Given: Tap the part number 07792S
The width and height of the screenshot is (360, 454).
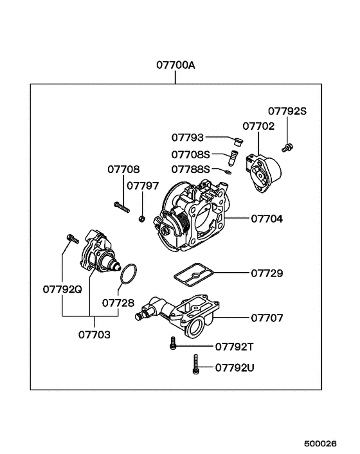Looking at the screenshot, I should [x=287, y=111].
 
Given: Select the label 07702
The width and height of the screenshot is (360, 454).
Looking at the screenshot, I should [x=258, y=127].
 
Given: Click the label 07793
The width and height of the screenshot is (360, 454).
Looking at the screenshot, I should [x=187, y=137].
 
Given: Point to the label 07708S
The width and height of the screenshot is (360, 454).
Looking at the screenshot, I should [x=190, y=154].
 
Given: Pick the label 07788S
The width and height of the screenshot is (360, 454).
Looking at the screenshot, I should [x=190, y=169].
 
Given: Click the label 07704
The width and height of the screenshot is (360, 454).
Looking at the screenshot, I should [x=266, y=219].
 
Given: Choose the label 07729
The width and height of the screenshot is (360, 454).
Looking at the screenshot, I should [x=267, y=273].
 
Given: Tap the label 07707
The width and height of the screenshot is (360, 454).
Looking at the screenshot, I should [x=266, y=318].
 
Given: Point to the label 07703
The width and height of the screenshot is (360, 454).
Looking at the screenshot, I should [x=94, y=334].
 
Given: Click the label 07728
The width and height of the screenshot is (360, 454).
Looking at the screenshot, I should [x=118, y=302].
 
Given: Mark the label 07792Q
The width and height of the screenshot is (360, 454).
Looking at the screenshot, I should [x=63, y=289].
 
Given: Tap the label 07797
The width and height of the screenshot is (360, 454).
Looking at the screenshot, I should [x=142, y=186].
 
